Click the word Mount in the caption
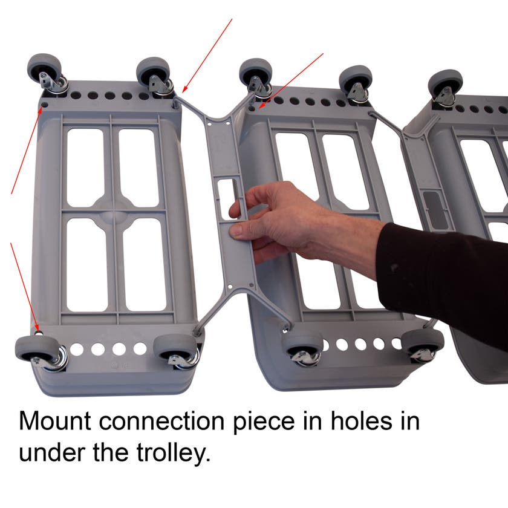tap(55, 421)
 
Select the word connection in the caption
tap(161, 421)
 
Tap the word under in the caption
tap(53, 452)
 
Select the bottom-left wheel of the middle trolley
tap(302, 345)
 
